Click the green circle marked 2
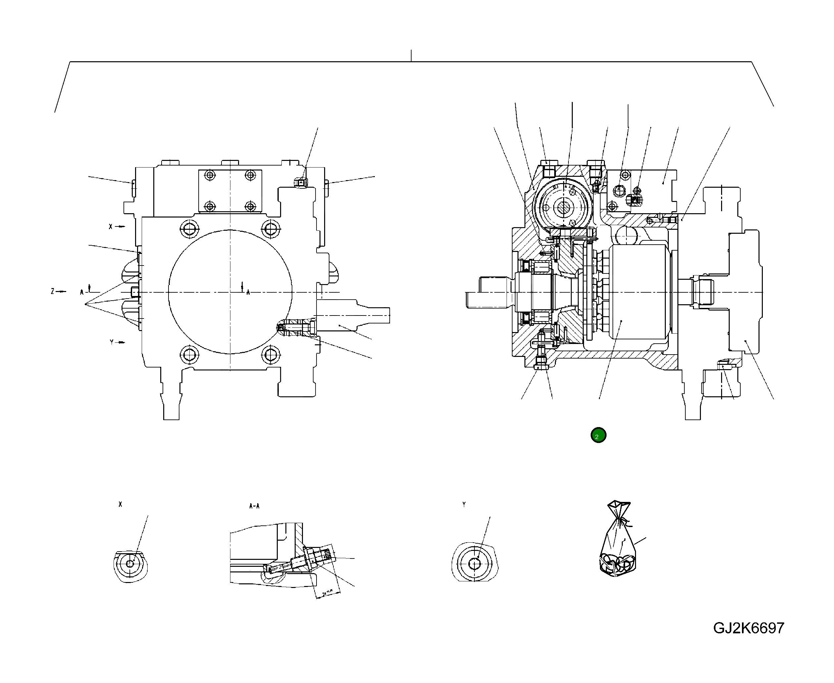coord(598,435)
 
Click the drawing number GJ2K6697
coord(748,628)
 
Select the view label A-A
coord(254,506)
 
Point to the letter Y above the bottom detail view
coord(464,504)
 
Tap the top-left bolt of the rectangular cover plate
coord(210,175)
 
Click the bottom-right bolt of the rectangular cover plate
coord(251,206)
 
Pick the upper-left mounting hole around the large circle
coord(189,228)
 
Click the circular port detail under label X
coord(130,564)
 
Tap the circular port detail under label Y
coord(475,563)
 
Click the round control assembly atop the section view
coord(565,207)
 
